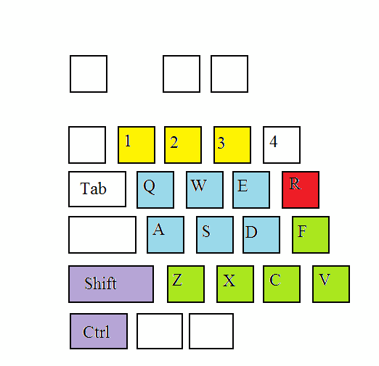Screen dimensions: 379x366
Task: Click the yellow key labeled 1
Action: pyautogui.click(x=136, y=145)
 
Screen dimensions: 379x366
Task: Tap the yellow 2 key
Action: pyautogui.click(x=183, y=145)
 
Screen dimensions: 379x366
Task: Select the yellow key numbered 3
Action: pyautogui.click(x=232, y=145)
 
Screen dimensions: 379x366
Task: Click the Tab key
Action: pyautogui.click(x=97, y=189)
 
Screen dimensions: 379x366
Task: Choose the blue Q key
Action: pyautogui.click(x=155, y=190)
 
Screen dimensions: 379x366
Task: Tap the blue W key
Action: pyautogui.click(x=205, y=190)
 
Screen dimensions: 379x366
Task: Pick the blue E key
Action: pyautogui.click(x=251, y=190)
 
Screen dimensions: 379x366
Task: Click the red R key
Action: pyautogui.click(x=301, y=190)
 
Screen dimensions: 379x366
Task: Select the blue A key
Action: pyautogui.click(x=166, y=235)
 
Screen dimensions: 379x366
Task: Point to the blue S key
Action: pyautogui.click(x=215, y=235)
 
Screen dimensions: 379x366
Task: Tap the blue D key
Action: pyautogui.click(x=261, y=235)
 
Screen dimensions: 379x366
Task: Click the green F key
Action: pyautogui.click(x=311, y=235)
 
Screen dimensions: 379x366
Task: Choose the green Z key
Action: pyautogui.click(x=186, y=284)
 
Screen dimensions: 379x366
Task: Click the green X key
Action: pyautogui.click(x=235, y=284)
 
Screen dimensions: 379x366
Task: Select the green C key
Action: pyautogui.click(x=282, y=284)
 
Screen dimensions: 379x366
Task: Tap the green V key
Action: pyautogui.click(x=331, y=284)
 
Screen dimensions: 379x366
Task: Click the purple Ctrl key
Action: pyautogui.click(x=99, y=331)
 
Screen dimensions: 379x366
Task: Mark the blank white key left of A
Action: pyautogui.click(x=102, y=235)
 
